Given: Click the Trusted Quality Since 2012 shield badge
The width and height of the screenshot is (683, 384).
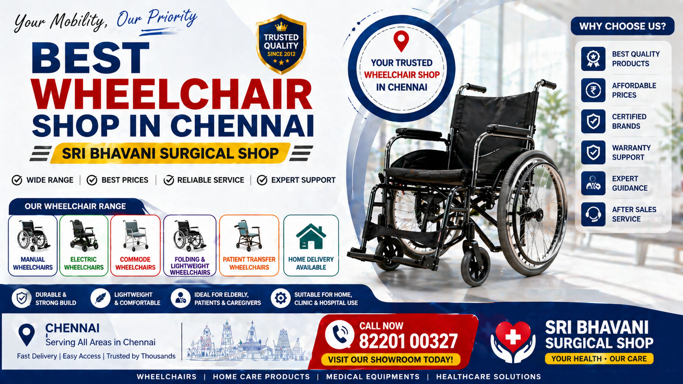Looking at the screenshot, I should tap(281, 45).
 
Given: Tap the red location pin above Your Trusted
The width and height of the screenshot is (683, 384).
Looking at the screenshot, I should tap(401, 40).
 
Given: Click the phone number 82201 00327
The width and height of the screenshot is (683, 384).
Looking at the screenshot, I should tap(408, 341).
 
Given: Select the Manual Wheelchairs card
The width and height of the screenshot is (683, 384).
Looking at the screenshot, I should tap(33, 245).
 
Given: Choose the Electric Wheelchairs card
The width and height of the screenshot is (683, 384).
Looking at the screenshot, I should tap(84, 245).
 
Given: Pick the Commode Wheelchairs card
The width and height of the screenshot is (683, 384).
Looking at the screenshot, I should tap(135, 245).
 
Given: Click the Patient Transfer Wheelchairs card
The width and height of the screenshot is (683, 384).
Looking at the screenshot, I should tap(249, 245).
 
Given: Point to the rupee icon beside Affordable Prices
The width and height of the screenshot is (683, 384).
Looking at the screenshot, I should tap(593, 90).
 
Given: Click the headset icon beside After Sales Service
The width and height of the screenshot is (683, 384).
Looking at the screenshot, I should tap(593, 214).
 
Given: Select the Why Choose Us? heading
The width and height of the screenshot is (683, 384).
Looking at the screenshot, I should tap(622, 26).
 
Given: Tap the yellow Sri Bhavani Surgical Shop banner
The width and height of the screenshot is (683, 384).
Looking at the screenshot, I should tap(170, 153).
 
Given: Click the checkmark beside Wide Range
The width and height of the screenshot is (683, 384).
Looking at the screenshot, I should tap(17, 180).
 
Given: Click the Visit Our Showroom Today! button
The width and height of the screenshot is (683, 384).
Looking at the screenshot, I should tap(391, 359).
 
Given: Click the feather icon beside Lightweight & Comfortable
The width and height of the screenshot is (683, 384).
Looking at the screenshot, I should tap(100, 298).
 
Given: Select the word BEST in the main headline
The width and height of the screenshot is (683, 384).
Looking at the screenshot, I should tap(90, 58).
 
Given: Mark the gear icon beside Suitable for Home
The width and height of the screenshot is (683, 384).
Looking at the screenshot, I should tap(280, 298).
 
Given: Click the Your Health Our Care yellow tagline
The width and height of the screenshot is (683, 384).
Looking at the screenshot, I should tap(599, 358).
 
